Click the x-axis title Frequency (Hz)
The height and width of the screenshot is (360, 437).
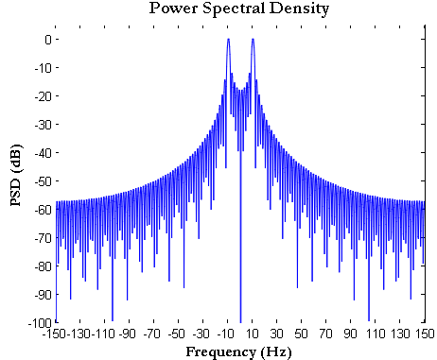click(240, 351)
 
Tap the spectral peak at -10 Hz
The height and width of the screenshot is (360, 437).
click(228, 40)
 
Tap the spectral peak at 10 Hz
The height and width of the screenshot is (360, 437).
click(253, 40)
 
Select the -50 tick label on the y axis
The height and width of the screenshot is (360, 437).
click(40, 180)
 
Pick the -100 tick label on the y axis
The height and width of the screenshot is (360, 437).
click(37, 322)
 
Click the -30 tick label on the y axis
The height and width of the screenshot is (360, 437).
click(40, 124)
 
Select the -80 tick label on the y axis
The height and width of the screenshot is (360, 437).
click(40, 266)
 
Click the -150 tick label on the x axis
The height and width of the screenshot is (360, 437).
click(55, 334)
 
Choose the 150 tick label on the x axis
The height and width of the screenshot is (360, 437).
click(425, 334)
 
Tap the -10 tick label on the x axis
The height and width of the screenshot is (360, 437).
click(227, 334)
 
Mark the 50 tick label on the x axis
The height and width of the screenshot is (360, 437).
click(302, 334)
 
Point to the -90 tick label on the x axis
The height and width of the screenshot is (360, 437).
click(129, 334)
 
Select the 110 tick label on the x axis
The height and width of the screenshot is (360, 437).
click(376, 334)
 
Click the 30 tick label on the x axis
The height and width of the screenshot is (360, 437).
click(277, 334)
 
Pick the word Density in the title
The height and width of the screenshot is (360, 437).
click(300, 9)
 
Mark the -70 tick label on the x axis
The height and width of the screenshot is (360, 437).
click(153, 334)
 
